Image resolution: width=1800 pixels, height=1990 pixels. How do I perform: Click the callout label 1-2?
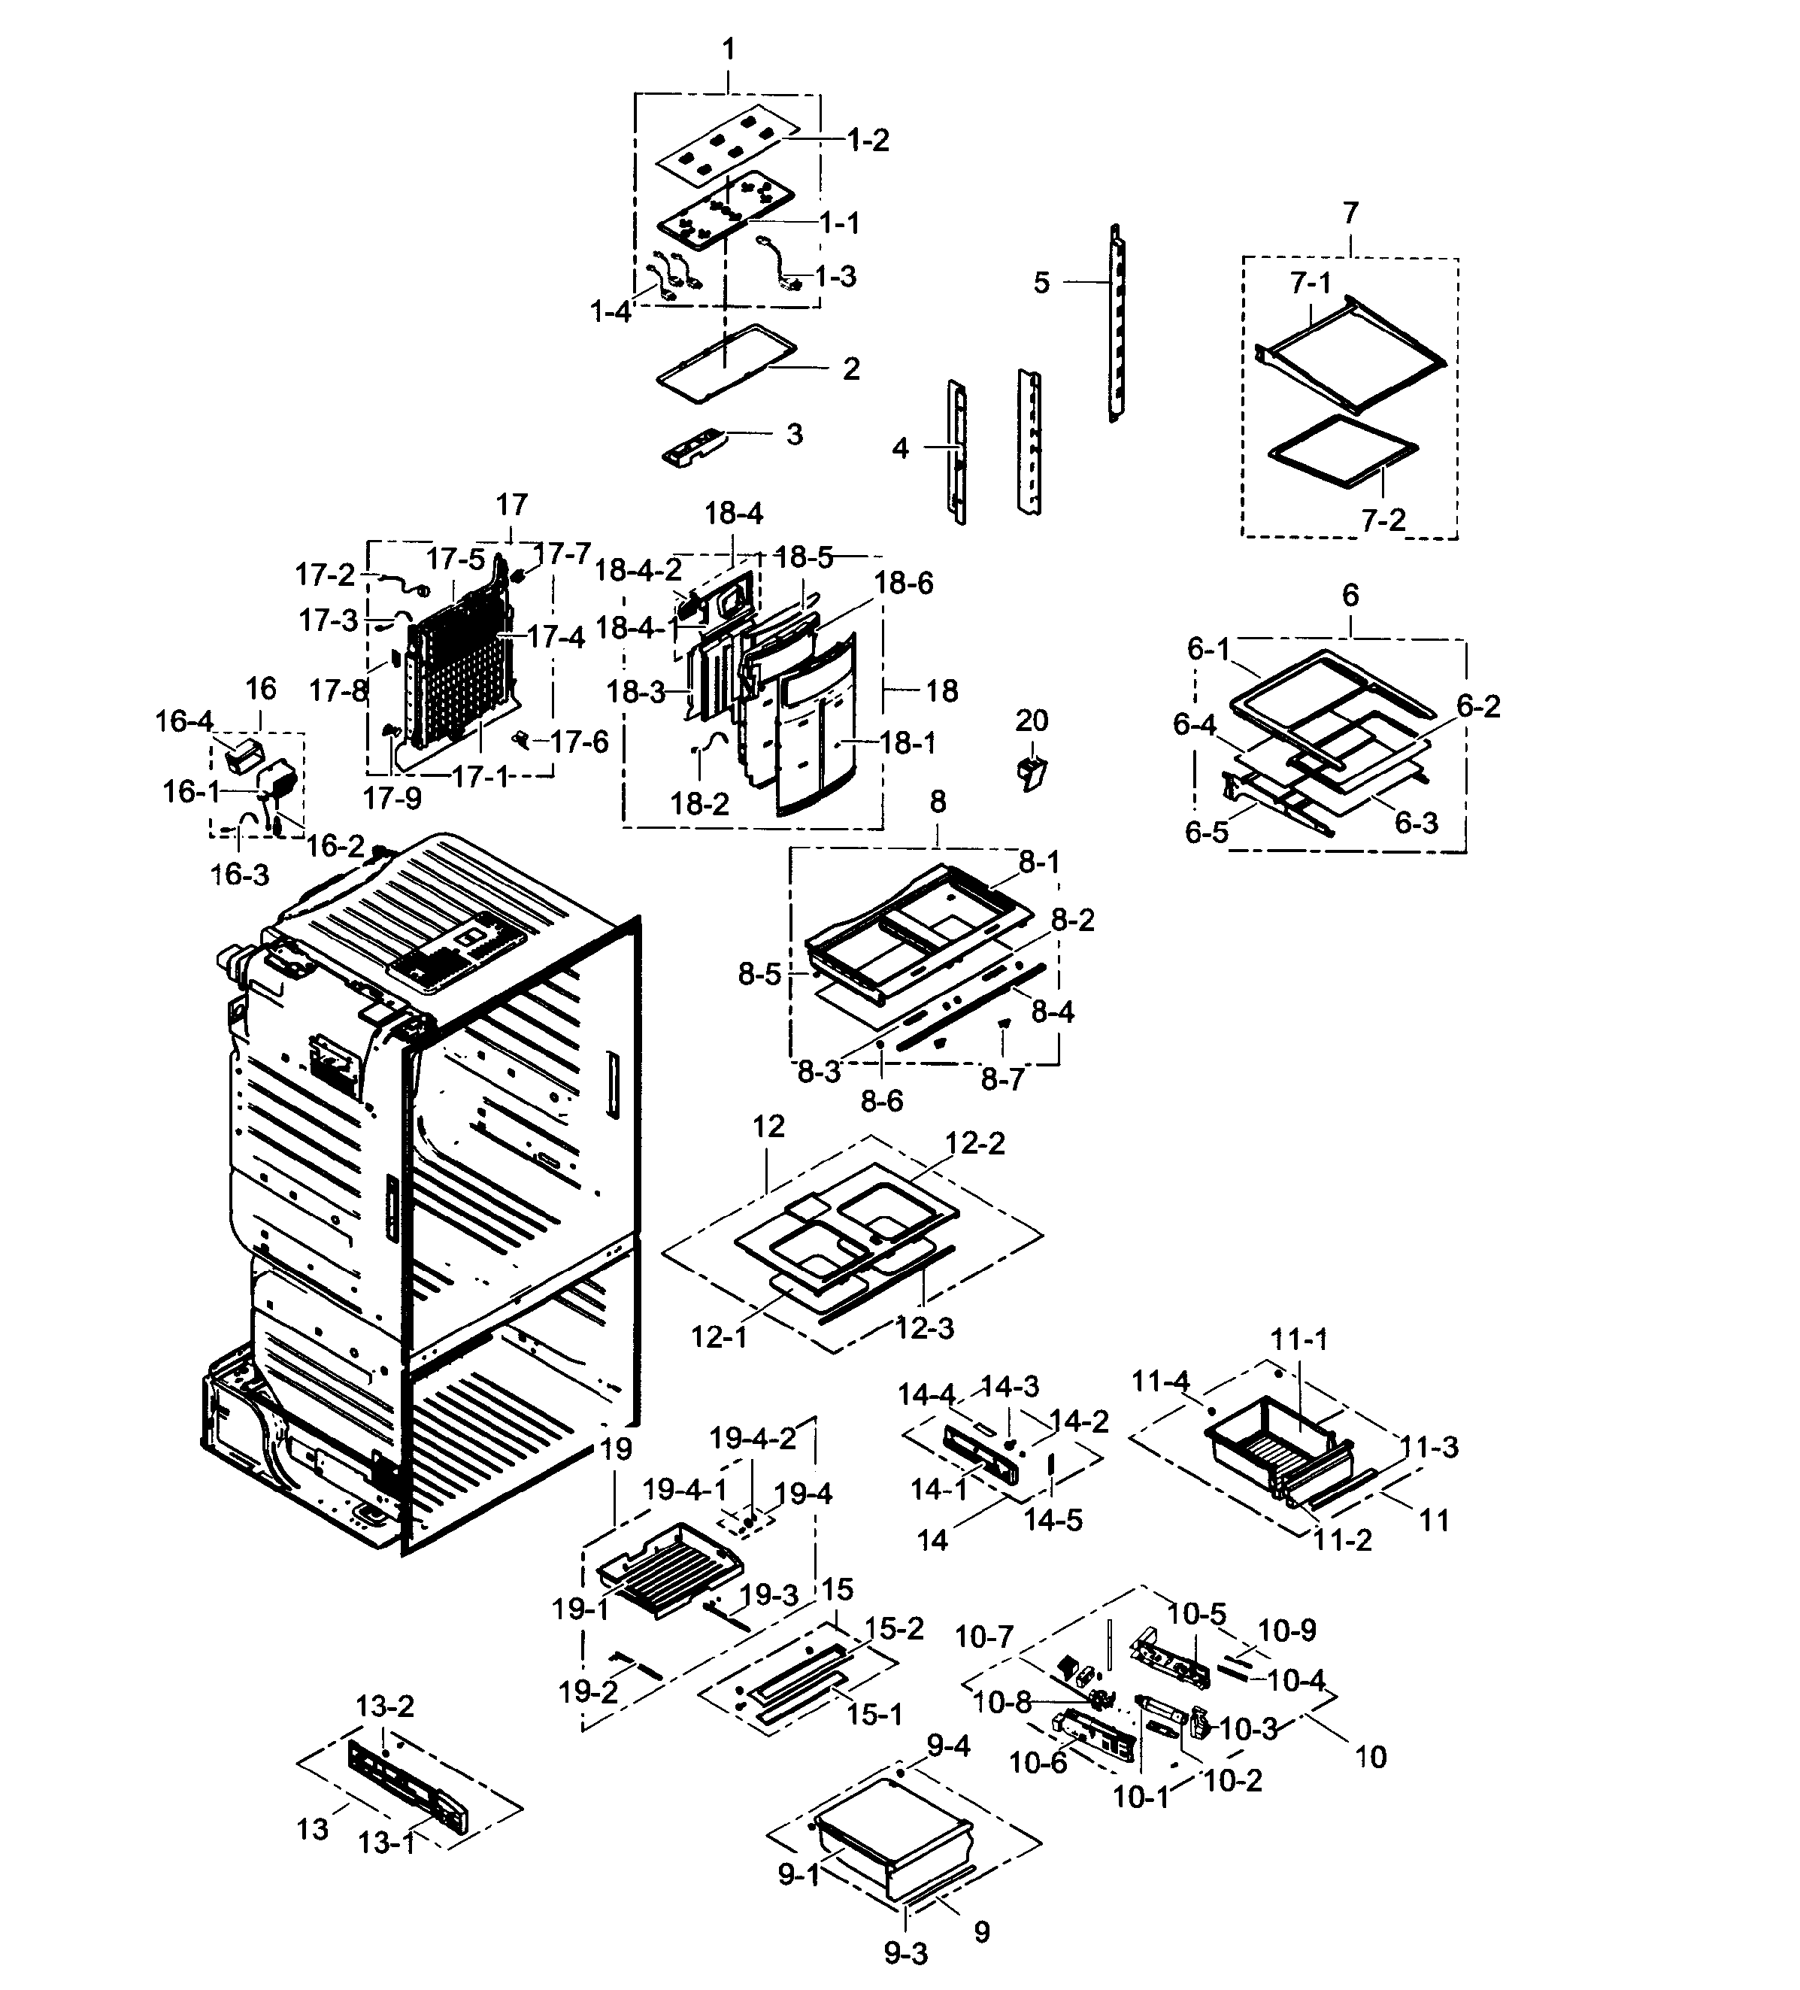click(x=868, y=140)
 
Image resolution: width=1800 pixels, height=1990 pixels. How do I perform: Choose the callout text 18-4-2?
click(x=638, y=569)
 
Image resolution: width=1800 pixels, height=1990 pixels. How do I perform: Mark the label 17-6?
click(x=578, y=742)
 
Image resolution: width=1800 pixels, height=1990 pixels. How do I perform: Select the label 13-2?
click(x=384, y=1706)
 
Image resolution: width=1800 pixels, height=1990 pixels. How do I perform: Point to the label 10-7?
click(x=984, y=1637)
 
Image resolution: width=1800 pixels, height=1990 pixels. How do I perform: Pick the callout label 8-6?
click(x=881, y=1100)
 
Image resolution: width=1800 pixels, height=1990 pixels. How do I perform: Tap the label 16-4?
click(x=183, y=721)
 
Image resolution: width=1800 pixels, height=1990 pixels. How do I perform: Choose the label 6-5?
click(x=1206, y=832)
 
